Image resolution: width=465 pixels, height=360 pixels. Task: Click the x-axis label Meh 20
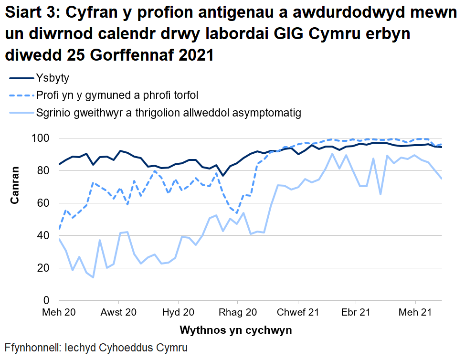[59, 313]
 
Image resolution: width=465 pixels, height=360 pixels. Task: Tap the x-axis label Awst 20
[119, 313]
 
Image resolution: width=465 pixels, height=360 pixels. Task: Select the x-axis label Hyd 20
[178, 313]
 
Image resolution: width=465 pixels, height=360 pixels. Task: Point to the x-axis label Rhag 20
[237, 313]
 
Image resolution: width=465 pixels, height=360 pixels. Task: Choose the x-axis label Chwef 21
[298, 313]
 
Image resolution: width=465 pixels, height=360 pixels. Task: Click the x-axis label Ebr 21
[356, 313]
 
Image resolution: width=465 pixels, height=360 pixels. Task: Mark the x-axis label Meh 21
[416, 313]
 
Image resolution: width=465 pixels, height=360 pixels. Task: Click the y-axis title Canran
[15, 185]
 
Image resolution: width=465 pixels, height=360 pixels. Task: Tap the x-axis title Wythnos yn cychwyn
[236, 330]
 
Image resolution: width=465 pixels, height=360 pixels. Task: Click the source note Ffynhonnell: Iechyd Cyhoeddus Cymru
[96, 347]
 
